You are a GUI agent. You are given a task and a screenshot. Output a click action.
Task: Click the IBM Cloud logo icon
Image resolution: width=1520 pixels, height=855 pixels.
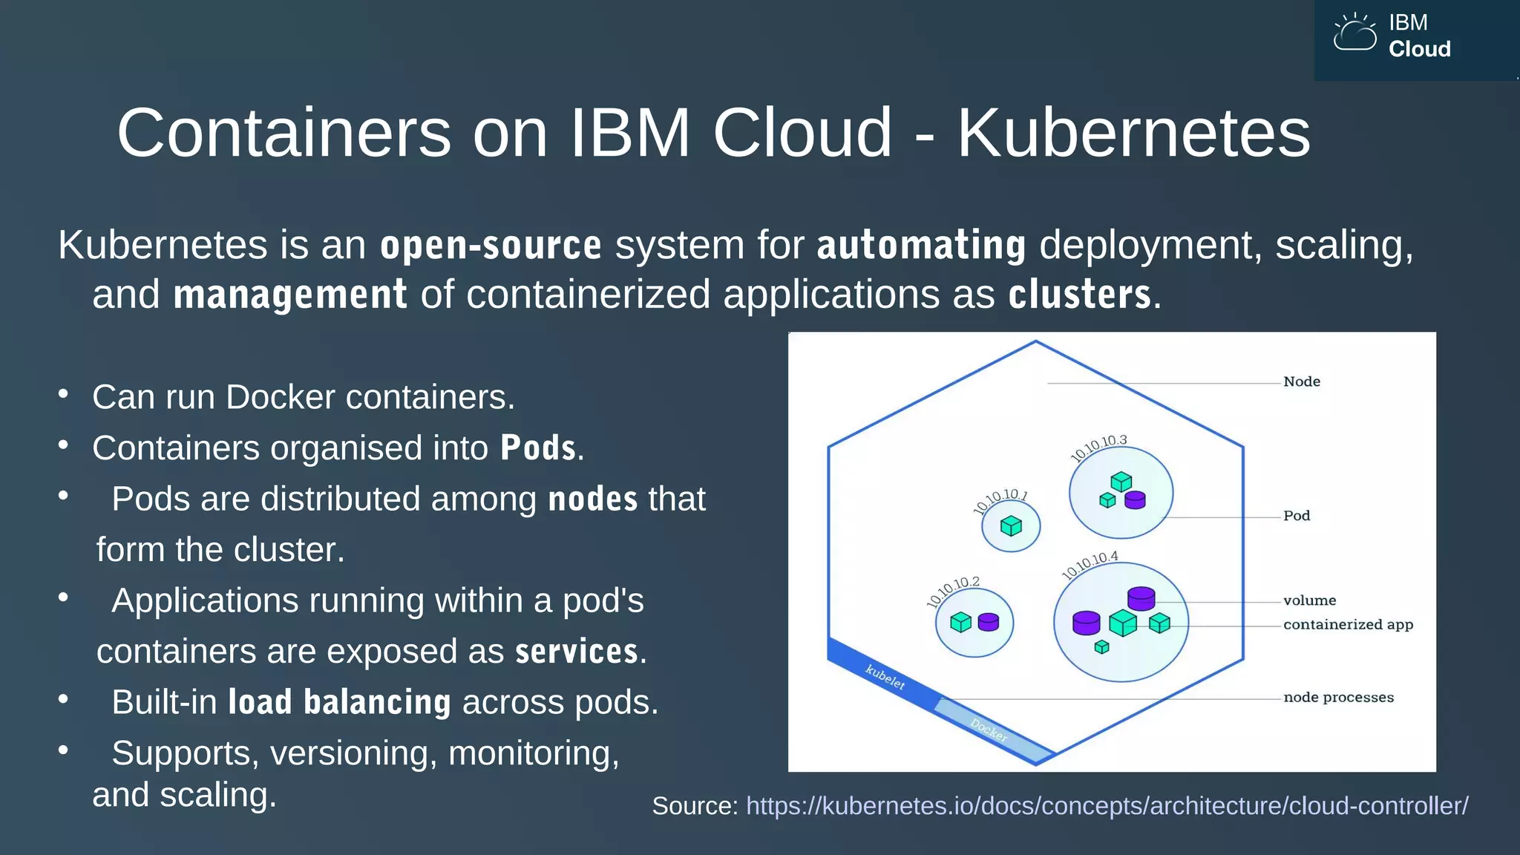coord(1354,33)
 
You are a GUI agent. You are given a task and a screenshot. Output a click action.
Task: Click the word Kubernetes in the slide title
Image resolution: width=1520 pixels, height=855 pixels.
coord(1133,134)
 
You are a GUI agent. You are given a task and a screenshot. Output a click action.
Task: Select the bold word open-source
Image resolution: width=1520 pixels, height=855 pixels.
coord(491,246)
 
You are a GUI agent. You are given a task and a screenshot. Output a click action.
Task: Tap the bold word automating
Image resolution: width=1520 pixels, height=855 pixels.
coord(921,246)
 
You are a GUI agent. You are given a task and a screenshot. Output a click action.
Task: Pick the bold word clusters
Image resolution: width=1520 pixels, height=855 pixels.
coord(1079,295)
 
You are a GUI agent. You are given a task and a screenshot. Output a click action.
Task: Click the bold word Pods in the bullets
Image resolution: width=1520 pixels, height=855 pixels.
coord(538,448)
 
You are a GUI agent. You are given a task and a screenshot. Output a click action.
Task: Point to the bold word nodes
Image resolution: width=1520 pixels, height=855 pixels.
coord(592,499)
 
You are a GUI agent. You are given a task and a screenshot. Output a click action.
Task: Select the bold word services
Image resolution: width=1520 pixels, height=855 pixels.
coord(577,652)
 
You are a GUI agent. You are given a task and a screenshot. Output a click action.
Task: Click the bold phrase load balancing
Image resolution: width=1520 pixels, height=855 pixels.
coord(339,702)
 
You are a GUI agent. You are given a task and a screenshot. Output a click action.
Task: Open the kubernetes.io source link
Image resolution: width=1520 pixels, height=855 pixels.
coord(1107,806)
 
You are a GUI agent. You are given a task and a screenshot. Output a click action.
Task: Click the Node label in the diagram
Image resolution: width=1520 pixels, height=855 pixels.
coord(1302,381)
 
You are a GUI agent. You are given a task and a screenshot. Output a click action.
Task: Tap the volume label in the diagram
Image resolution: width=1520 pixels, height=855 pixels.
coord(1309,600)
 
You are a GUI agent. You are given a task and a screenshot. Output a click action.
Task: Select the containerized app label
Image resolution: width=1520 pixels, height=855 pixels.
coord(1348,625)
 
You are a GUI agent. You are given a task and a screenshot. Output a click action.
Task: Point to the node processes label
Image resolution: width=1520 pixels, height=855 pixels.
coord(1338,698)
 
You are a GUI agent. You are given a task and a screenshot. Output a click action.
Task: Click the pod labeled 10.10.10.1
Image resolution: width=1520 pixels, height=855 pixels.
coord(1011,526)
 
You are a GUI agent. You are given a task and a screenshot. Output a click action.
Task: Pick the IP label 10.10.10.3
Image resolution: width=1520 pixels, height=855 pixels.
coord(1098,448)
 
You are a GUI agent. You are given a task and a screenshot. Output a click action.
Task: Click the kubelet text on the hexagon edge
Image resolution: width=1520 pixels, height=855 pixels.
coord(885,677)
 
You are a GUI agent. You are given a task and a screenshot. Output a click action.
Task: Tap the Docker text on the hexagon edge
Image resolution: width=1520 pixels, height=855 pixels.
coord(989,730)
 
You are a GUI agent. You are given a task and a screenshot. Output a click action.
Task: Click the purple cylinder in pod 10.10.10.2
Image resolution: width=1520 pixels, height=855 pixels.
coord(988,622)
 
